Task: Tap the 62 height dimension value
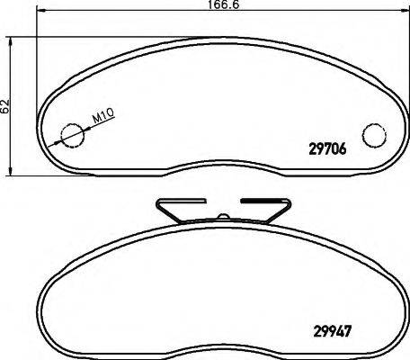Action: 6,105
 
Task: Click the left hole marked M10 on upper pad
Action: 69,134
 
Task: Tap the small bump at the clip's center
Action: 221,216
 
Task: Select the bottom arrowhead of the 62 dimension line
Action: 13,171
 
